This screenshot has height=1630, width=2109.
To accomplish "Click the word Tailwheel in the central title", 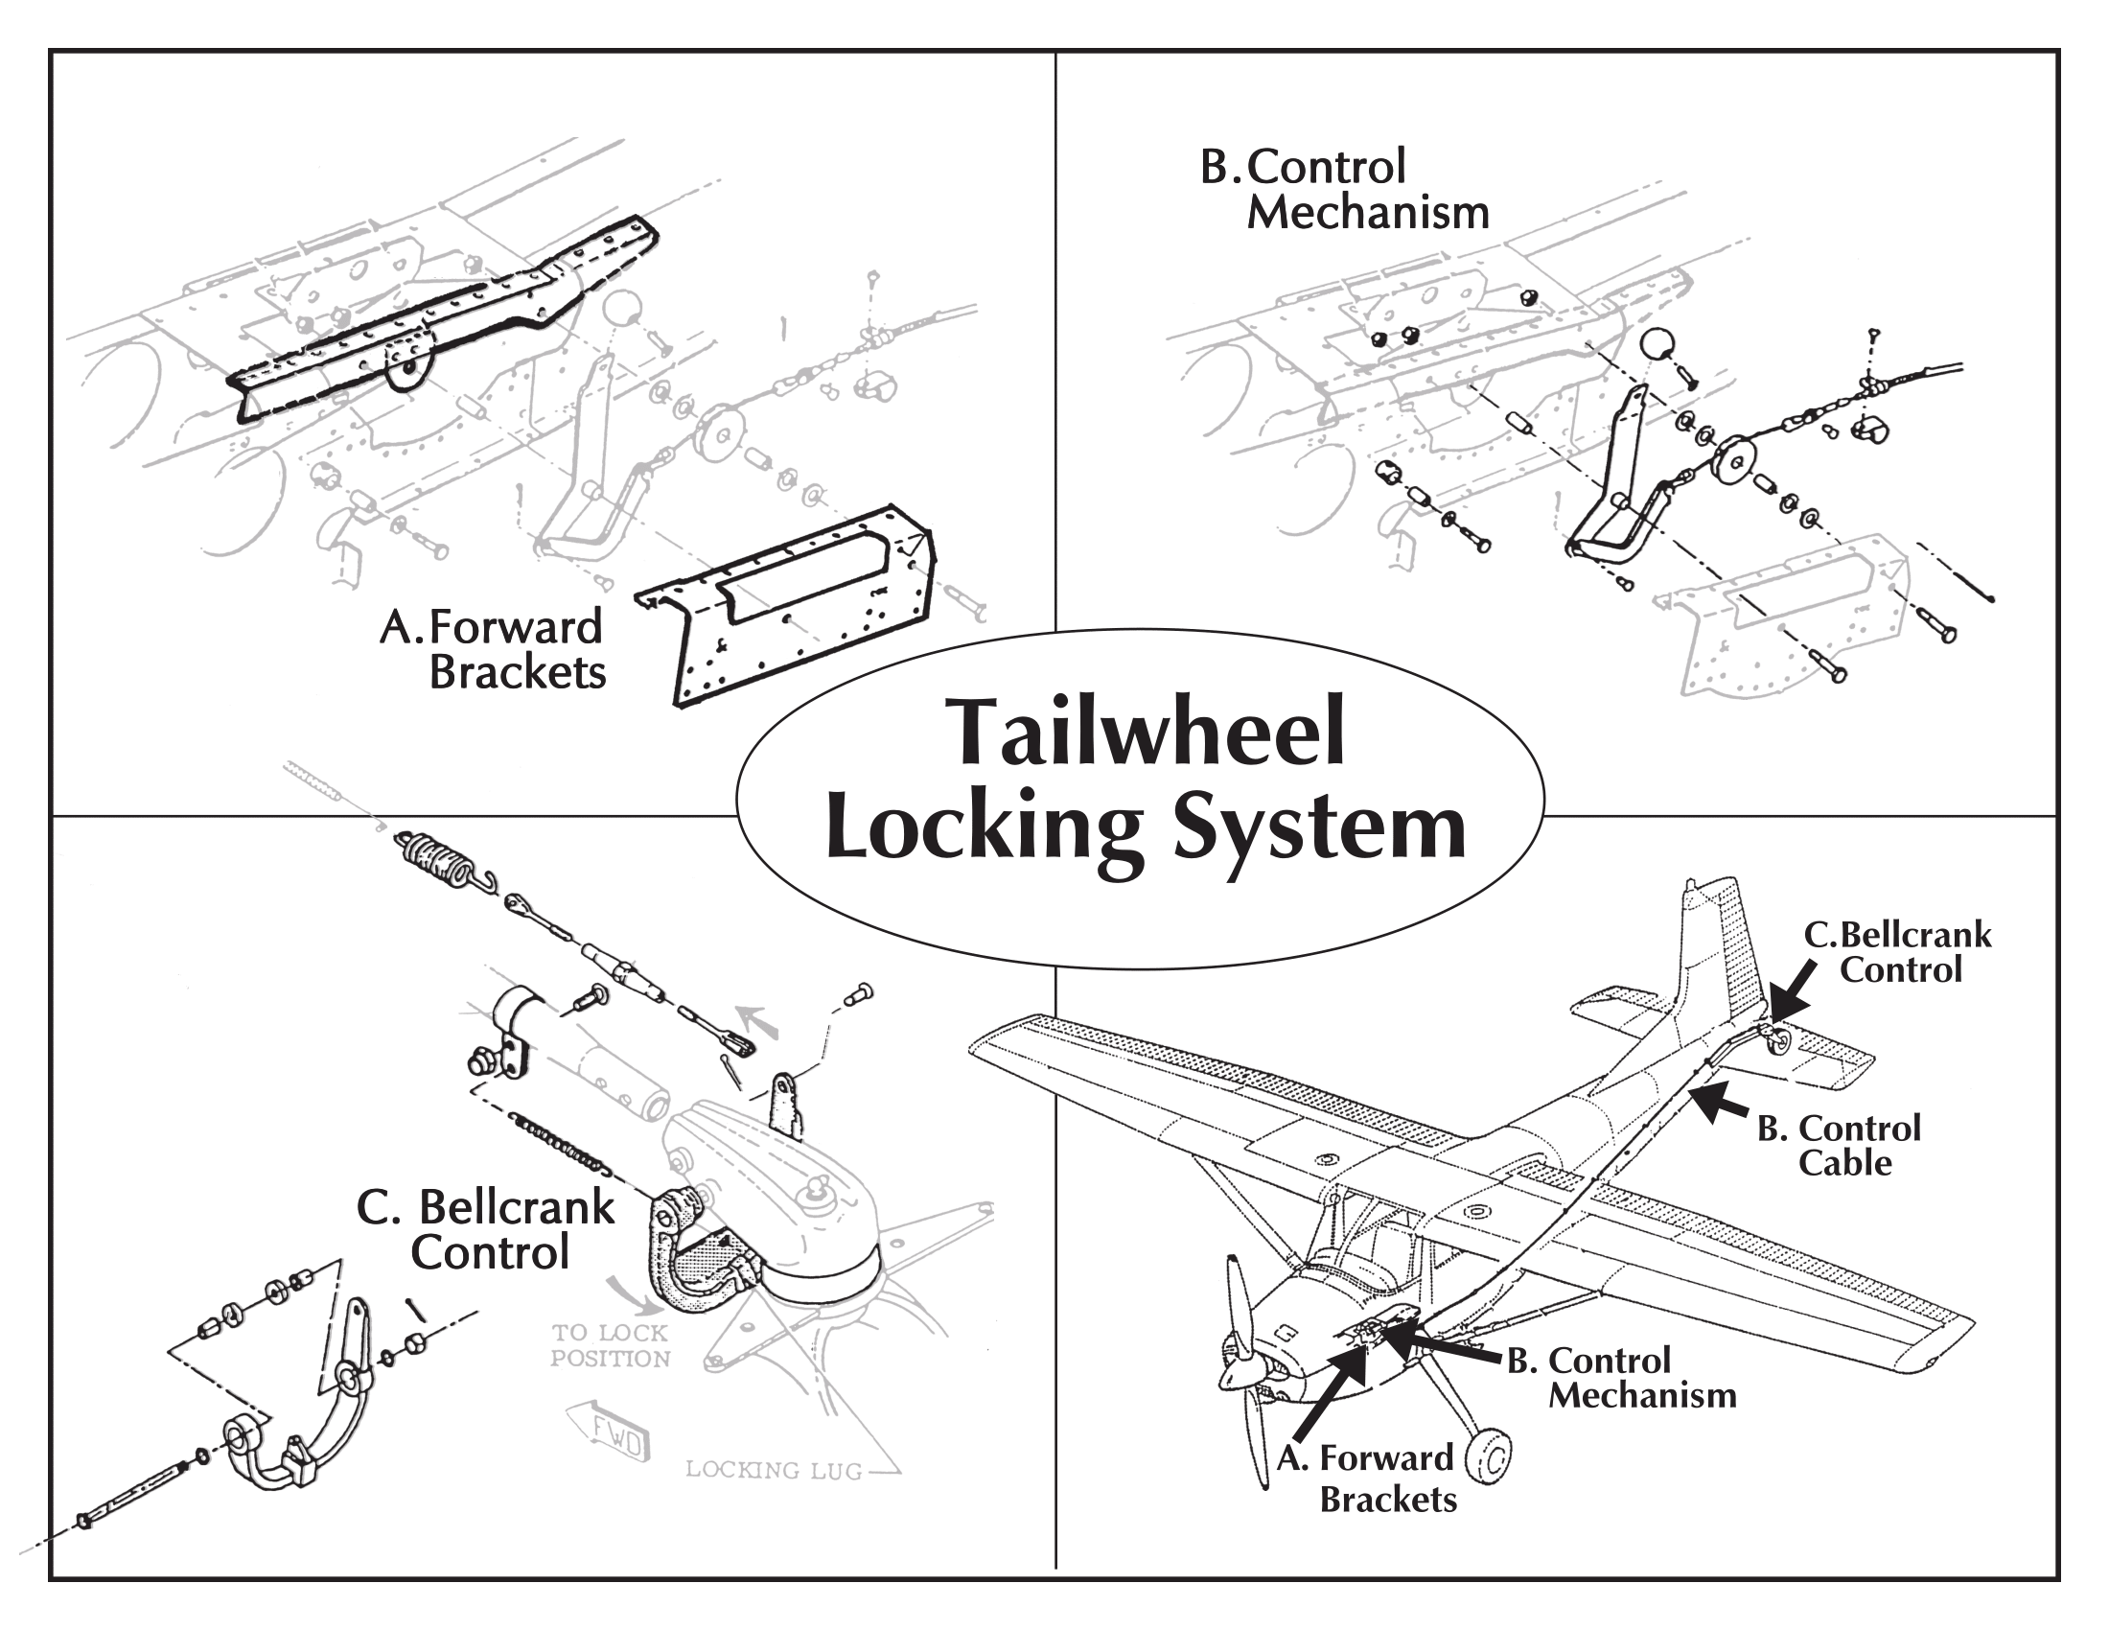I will pyautogui.click(x=1147, y=733).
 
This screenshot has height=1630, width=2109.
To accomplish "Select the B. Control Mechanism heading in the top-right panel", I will pyautogui.click(x=1344, y=190).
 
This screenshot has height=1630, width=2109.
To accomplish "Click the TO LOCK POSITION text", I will pyautogui.click(x=611, y=1345).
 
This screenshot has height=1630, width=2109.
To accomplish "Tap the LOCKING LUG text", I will pyautogui.click(x=774, y=1470).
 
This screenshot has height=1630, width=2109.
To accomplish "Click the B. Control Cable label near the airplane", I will pyautogui.click(x=1838, y=1145).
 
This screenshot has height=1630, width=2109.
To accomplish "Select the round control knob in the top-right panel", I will pyautogui.click(x=1658, y=345).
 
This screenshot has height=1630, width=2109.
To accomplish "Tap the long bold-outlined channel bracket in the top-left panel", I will pyautogui.click(x=444, y=318).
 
